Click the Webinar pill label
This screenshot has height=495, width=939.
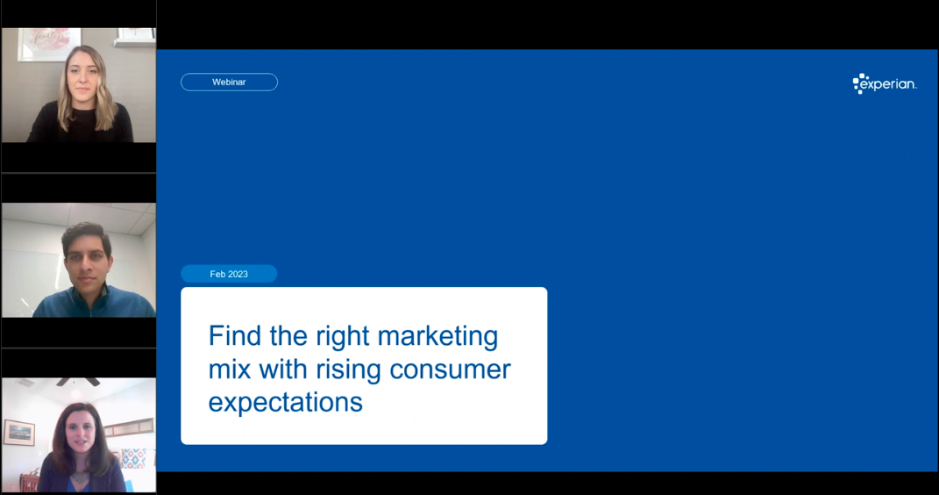(229, 82)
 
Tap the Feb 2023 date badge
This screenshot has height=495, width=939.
(229, 274)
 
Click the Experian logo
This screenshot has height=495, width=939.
(885, 84)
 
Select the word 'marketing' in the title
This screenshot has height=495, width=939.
(437, 337)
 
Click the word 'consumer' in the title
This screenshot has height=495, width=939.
(450, 369)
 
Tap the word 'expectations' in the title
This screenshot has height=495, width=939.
(286, 403)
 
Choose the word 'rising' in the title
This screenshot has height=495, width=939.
(348, 370)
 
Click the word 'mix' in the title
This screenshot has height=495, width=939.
(230, 369)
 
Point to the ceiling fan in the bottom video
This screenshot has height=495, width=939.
(78, 381)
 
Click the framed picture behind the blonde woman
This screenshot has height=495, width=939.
(48, 43)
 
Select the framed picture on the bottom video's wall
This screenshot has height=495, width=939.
(19, 433)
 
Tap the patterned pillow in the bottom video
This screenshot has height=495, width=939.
(132, 458)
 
